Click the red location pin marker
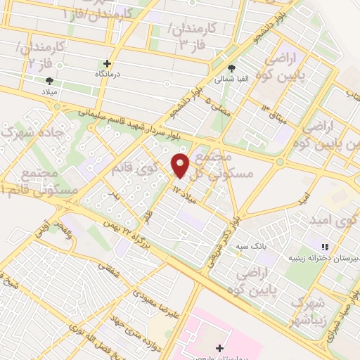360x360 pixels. tap(181, 166)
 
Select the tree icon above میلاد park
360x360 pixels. tap(49, 82)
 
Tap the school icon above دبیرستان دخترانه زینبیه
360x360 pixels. tap(324, 247)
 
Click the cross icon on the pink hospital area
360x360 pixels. tap(220, 348)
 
